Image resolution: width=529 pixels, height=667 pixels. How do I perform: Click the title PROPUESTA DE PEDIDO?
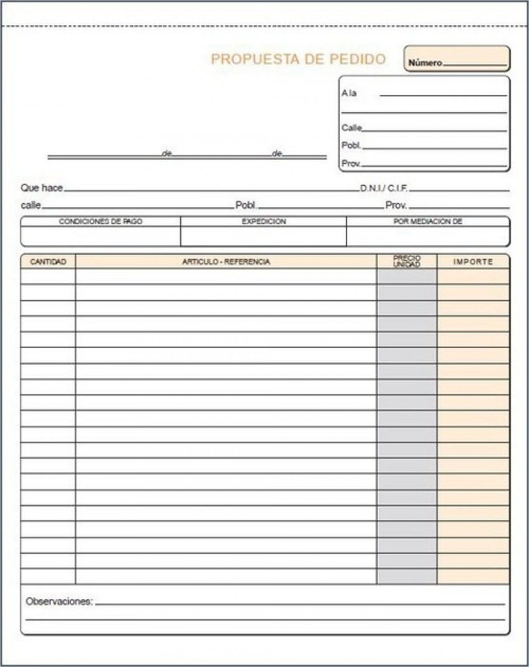pyautogui.click(x=298, y=59)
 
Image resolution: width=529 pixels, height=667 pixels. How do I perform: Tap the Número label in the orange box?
pyautogui.click(x=425, y=63)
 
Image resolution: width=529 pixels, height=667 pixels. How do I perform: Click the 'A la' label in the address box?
pyautogui.click(x=349, y=93)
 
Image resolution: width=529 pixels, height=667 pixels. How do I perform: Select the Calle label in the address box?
pyautogui.click(x=352, y=128)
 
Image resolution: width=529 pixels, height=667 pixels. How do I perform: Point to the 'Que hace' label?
pyautogui.click(x=42, y=188)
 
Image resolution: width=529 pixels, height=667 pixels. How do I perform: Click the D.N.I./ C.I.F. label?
pyautogui.click(x=384, y=188)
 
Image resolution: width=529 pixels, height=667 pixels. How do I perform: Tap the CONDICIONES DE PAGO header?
pyautogui.click(x=100, y=222)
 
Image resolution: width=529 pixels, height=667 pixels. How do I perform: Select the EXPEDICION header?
pyautogui.click(x=263, y=222)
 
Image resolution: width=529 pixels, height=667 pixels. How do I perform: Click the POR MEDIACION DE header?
pyautogui.click(x=428, y=222)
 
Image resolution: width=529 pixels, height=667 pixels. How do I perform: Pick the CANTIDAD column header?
pyautogui.click(x=48, y=262)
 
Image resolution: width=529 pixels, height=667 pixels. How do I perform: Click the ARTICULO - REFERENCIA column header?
pyautogui.click(x=226, y=262)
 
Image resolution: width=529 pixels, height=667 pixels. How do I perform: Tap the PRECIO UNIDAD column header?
pyautogui.click(x=406, y=261)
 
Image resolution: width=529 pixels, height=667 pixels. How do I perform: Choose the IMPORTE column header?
pyautogui.click(x=473, y=262)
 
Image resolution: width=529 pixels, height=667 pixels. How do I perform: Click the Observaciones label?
pyautogui.click(x=59, y=602)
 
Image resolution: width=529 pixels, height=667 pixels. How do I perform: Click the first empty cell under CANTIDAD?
pyautogui.click(x=48, y=277)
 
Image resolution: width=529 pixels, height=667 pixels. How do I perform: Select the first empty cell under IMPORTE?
pyautogui.click(x=473, y=277)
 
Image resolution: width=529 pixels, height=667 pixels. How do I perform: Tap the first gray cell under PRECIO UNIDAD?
pyautogui.click(x=406, y=277)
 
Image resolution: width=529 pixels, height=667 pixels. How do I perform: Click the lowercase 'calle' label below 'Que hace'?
pyautogui.click(x=30, y=205)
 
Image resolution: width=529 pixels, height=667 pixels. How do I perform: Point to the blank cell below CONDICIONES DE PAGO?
pyautogui.click(x=100, y=236)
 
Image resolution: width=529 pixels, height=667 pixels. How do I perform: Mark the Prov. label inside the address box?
pyautogui.click(x=351, y=164)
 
